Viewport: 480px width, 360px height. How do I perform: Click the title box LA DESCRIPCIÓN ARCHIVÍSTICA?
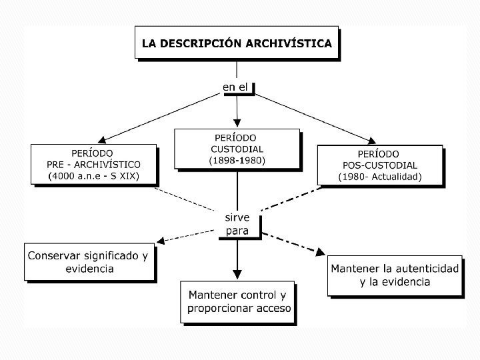pyautogui.click(x=237, y=44)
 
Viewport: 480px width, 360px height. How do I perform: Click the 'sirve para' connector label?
pyautogui.click(x=237, y=224)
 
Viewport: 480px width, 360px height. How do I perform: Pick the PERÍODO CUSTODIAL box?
pyautogui.click(x=237, y=148)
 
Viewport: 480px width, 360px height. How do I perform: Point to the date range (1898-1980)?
pyautogui.click(x=237, y=161)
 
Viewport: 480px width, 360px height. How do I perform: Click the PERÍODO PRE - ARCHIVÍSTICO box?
pyautogui.click(x=94, y=164)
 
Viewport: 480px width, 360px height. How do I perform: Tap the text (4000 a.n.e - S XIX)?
pyautogui.click(x=94, y=177)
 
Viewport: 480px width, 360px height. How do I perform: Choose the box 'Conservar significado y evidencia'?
pyautogui.click(x=89, y=262)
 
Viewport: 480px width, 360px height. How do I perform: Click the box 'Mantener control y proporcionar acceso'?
pyautogui.click(x=238, y=302)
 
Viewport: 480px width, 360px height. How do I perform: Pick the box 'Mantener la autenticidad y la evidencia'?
pyautogui.click(x=395, y=275)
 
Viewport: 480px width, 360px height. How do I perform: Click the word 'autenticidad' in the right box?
pyautogui.click(x=422, y=269)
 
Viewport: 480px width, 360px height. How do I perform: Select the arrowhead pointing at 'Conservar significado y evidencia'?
pyautogui.click(x=161, y=240)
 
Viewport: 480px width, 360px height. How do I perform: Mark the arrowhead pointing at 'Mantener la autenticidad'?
pyautogui.click(x=320, y=253)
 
